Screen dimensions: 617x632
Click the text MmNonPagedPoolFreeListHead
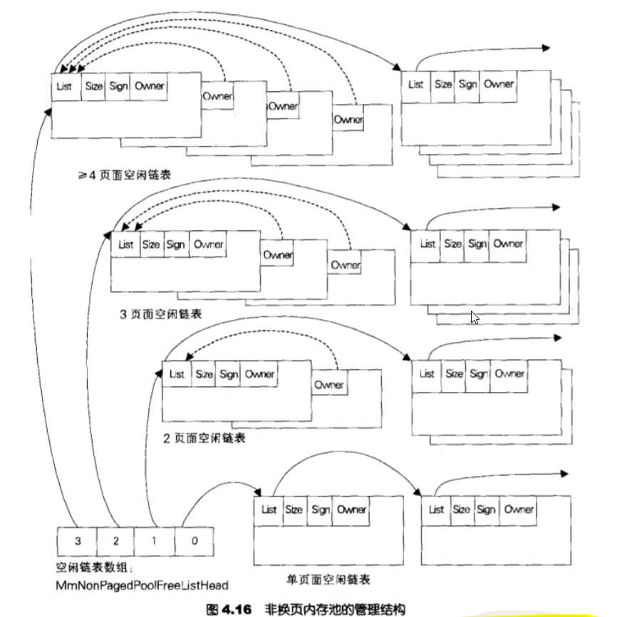(142, 586)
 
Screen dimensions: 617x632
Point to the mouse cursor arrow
(475, 317)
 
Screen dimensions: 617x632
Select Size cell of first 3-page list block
(151, 244)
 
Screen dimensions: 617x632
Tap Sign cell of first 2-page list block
(229, 374)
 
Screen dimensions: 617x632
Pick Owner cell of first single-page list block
(351, 509)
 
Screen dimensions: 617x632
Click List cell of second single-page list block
(436, 509)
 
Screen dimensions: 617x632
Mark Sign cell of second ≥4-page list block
(467, 84)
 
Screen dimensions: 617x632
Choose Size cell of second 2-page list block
(454, 373)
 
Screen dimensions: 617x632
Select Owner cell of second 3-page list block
(509, 244)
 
